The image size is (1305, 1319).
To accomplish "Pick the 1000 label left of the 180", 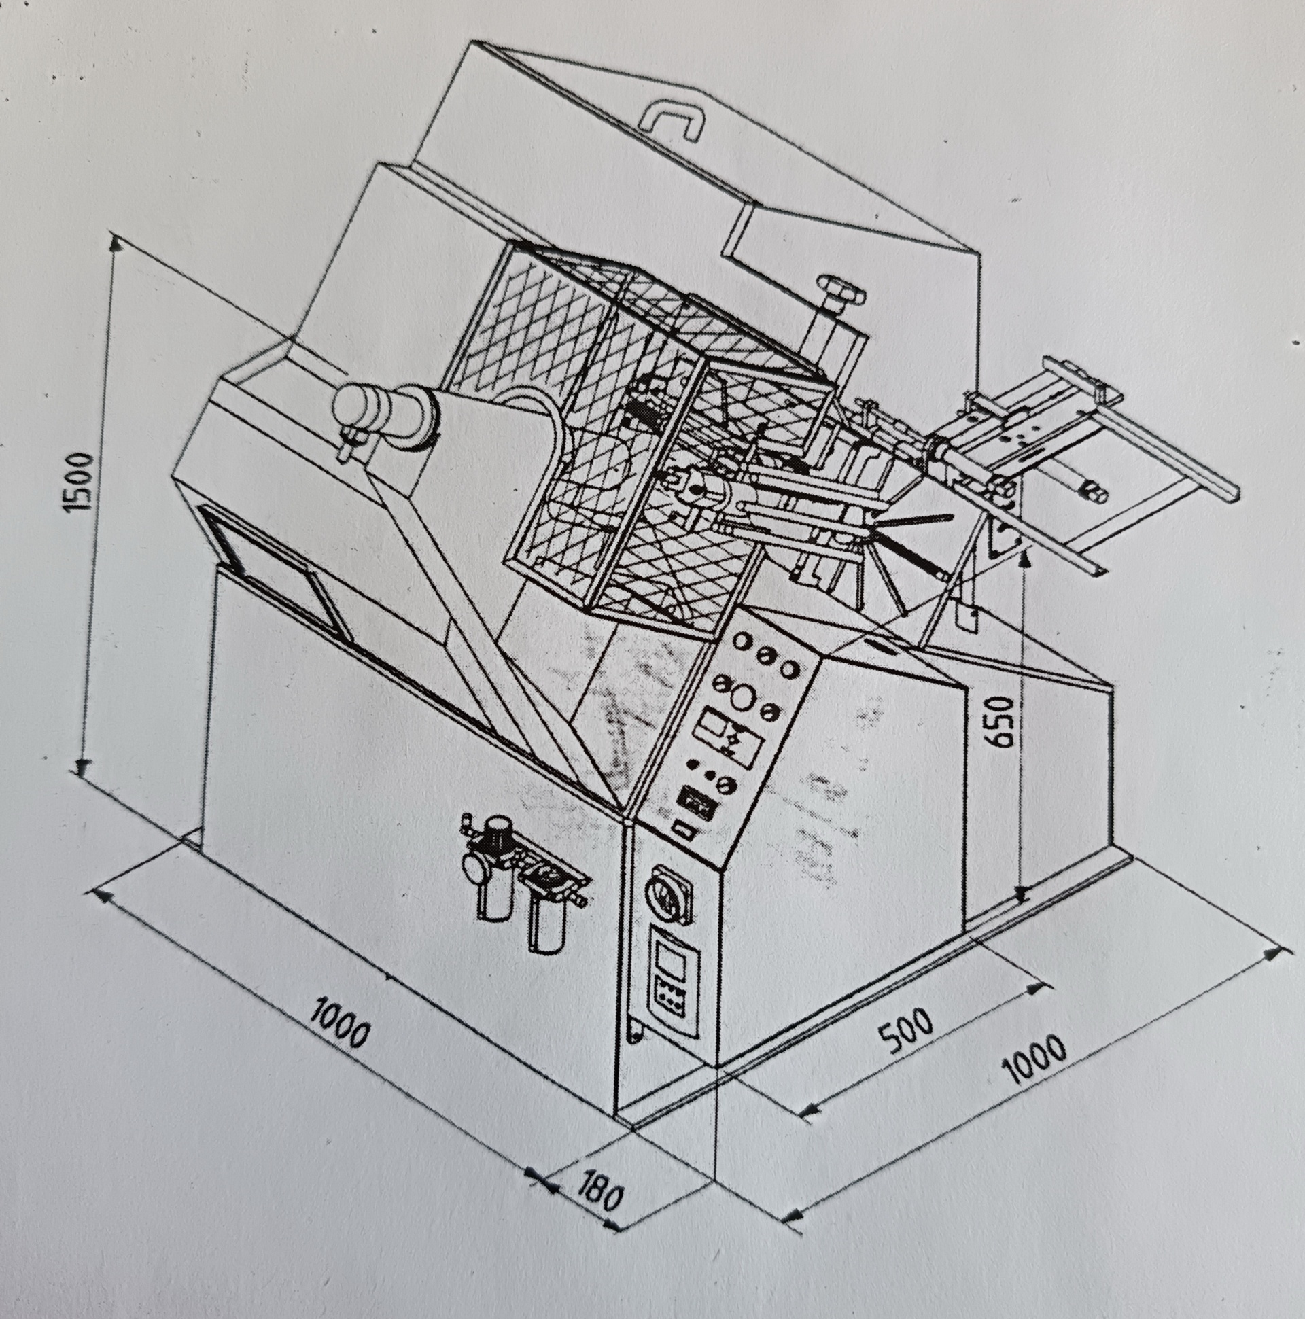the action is tap(338, 1034).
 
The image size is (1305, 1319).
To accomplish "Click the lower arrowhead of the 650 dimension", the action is tap(1020, 895).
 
